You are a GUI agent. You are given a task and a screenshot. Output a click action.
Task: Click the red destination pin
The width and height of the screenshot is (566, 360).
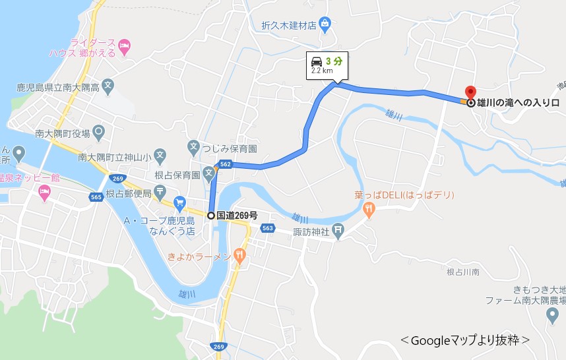tap(470, 93)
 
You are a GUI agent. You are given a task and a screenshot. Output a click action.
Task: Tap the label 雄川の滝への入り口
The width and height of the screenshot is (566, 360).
tap(519, 103)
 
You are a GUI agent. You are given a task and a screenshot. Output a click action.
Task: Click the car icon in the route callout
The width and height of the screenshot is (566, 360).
tap(317, 61)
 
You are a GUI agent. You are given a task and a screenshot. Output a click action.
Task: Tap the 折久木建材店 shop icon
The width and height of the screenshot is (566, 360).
tap(324, 25)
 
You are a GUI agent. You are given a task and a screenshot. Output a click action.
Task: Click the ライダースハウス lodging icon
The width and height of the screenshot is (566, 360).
tap(125, 45)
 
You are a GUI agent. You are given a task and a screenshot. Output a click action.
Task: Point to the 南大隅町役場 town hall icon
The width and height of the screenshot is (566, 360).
tap(99, 132)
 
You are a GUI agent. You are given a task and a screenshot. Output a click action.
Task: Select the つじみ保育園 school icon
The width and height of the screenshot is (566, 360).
tap(194, 146)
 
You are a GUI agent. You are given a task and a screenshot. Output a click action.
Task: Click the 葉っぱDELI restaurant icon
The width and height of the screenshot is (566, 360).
tap(368, 210)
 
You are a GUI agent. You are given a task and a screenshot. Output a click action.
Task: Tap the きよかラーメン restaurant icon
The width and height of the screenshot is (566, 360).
tap(239, 255)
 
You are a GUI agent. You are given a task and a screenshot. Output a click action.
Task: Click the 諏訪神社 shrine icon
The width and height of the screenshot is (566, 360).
tap(338, 230)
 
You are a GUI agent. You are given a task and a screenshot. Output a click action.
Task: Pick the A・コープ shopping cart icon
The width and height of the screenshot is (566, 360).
tap(179, 202)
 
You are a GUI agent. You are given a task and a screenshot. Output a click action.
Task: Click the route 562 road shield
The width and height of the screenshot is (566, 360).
tap(226, 164)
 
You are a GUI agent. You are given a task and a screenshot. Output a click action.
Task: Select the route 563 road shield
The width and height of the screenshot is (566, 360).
tap(267, 228)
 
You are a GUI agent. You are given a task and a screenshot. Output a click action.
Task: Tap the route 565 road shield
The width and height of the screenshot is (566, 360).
tap(96, 196)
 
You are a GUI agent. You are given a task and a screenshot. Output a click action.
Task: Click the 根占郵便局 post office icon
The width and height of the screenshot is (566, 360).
tap(161, 193)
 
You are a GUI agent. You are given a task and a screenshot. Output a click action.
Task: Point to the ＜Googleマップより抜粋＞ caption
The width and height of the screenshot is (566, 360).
tap(466, 340)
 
